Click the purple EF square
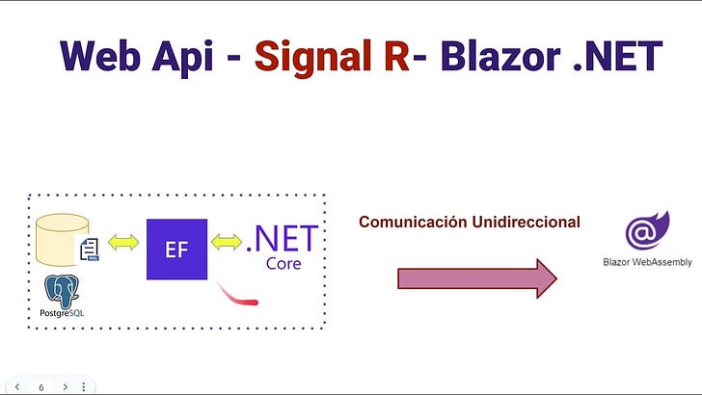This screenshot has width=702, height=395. pyautogui.click(x=176, y=250)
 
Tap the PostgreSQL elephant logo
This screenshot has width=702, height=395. pyautogui.click(x=62, y=291)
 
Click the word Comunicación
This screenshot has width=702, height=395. pyautogui.click(x=413, y=222)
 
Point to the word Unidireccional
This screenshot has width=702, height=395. pyautogui.click(x=526, y=222)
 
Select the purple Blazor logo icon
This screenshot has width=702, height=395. pyautogui.click(x=642, y=232)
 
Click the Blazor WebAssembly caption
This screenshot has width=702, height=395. pyautogui.click(x=642, y=261)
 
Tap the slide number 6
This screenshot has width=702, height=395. pyautogui.click(x=40, y=386)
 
